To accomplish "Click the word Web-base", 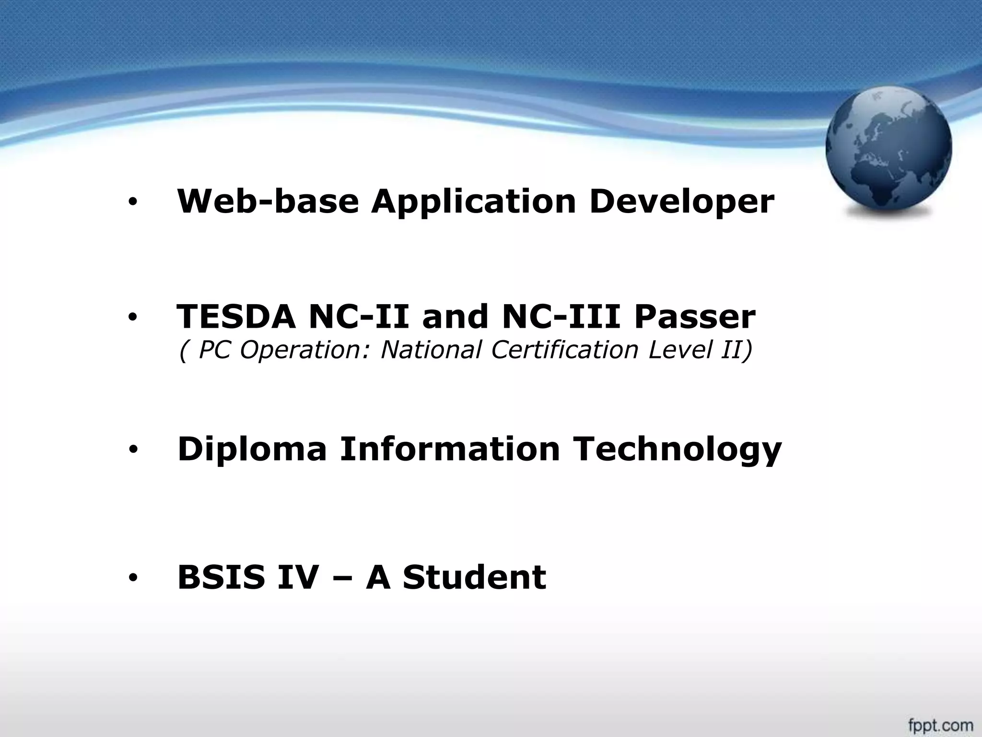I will point(268,202).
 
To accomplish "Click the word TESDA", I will point(236,317).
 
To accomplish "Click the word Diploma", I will point(252,450).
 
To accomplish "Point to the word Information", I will point(450,449).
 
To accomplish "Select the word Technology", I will point(678,450).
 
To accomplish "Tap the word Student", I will point(474,577).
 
